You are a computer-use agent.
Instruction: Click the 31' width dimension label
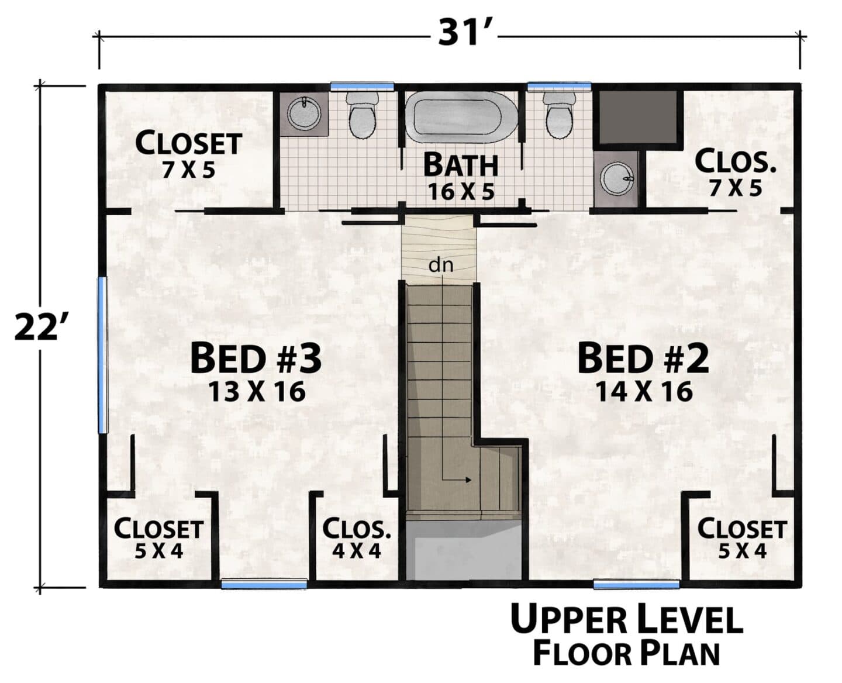pyautogui.click(x=464, y=33)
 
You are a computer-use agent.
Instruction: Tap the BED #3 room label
pyautogui.click(x=256, y=359)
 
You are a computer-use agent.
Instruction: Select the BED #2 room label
pyautogui.click(x=643, y=359)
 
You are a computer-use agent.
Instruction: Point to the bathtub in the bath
pyautogui.click(x=461, y=116)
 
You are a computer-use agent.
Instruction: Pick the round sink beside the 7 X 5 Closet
pyautogui.click(x=303, y=113)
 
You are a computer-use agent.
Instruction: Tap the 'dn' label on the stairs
pyautogui.click(x=440, y=265)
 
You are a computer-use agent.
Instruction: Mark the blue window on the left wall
pyautogui.click(x=103, y=355)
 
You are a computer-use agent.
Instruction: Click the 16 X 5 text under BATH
pyautogui.click(x=461, y=192)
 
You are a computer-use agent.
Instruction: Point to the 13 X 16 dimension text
pyautogui.click(x=257, y=392)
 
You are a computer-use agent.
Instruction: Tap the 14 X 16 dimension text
pyautogui.click(x=644, y=392)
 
